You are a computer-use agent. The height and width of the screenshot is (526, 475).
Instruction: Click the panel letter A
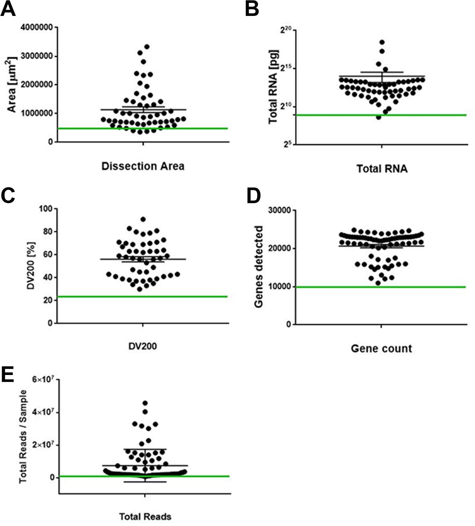(8, 10)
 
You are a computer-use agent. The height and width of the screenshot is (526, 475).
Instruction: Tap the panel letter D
(253, 196)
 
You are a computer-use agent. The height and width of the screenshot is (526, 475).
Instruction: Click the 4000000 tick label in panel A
(37, 28)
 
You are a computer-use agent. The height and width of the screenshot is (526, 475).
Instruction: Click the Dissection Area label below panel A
(143, 166)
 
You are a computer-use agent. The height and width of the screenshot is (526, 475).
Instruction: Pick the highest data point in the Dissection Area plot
(147, 46)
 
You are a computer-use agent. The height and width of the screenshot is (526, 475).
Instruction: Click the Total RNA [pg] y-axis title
(273, 87)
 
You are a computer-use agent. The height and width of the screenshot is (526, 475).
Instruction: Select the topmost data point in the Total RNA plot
(382, 42)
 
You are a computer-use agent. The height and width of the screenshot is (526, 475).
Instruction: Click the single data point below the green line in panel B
(379, 117)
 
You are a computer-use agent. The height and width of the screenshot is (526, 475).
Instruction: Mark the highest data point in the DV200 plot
(143, 219)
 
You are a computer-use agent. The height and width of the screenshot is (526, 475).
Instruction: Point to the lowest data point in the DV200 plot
(140, 289)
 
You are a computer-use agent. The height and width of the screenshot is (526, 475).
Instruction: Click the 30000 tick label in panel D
(280, 210)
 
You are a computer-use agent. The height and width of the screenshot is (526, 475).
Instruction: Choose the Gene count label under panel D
(381, 348)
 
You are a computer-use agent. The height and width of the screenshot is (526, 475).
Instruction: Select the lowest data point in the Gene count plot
(378, 283)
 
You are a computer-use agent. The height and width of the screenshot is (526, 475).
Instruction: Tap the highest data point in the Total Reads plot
(145, 403)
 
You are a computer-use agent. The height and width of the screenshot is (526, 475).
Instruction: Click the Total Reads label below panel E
(145, 516)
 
